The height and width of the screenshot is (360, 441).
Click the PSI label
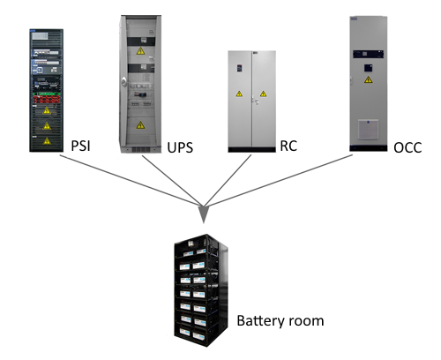pos(80,146)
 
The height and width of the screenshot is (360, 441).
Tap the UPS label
pos(180,147)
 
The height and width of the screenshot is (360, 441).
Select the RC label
pos(288,146)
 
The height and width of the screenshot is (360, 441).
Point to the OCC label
pos(407,147)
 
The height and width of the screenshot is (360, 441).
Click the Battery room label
pos(280,320)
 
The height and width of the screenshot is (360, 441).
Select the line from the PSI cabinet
pos(131,180)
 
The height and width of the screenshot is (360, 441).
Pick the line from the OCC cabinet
pos(279,180)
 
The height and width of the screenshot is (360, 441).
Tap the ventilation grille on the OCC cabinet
pos(368,129)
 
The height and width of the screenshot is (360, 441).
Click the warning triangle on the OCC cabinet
pos(368,79)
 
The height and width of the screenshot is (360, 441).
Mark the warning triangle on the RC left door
pos(239,94)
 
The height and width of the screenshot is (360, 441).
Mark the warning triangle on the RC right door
pos(263,94)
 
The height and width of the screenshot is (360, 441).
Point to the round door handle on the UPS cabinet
pos(123,81)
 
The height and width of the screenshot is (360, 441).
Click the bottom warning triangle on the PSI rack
pos(47,141)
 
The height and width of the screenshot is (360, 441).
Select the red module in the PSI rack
pos(47,99)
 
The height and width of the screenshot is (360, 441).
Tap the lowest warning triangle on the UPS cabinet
pos(140,125)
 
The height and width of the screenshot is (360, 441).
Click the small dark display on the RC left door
pos(239,68)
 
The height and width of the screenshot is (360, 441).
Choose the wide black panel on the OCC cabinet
pos(369,54)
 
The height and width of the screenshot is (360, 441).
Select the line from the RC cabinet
pos(228,180)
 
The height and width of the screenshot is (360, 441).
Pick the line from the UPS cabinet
pos(172,181)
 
